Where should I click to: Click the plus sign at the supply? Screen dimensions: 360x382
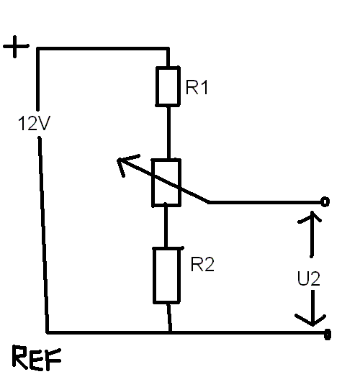pos(16,47)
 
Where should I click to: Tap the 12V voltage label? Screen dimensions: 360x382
pos(34,123)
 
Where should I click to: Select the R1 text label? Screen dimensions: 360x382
pos(197,87)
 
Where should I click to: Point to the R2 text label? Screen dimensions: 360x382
pos(202,264)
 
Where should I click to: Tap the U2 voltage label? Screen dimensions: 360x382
pos(308,278)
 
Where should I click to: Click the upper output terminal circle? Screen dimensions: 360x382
pos(325,201)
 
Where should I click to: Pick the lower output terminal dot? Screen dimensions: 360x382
pos(328,334)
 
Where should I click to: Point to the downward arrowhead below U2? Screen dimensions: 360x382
pos(312,321)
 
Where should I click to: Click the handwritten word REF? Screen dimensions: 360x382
pos(37,358)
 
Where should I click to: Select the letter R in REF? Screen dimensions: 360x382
pos(20,357)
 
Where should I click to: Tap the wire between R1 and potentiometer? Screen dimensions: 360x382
pos(168,133)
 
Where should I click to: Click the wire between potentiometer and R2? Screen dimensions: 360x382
pos(166,227)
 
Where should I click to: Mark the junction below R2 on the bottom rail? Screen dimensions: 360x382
pos(170,332)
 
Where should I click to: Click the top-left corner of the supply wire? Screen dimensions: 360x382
pos(38,49)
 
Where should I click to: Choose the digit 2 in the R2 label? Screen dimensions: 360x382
pos(209,264)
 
